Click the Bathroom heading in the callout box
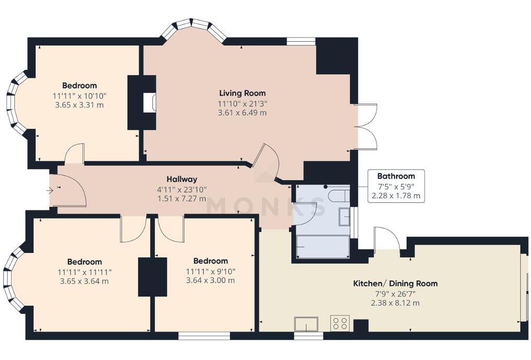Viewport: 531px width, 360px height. pos(396,176)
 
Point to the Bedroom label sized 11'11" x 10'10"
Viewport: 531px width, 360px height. pos(79,86)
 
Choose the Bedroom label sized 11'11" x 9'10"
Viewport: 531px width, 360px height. pos(210,261)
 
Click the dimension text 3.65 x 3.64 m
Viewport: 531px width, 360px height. pos(84,281)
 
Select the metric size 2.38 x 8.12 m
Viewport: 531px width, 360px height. pos(395,303)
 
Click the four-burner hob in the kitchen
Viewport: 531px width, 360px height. pos(340,323)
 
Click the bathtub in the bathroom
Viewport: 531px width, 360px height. pos(322,246)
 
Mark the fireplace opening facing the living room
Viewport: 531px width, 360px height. pos(149,102)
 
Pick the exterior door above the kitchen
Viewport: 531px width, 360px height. pos(387,239)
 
